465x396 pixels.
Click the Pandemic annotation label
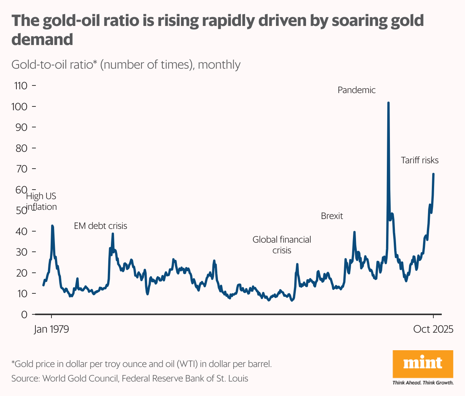356,90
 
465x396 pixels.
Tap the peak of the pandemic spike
388,103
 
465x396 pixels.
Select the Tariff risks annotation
420,160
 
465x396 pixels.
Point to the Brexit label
332,216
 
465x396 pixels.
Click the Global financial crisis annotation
282,245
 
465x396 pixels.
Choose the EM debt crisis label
100,226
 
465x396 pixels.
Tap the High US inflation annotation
41,201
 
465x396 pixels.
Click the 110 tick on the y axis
21,86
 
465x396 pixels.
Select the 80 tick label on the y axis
21,148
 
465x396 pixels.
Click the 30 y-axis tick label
21,252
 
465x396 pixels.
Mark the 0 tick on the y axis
24,314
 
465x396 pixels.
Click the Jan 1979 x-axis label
51,329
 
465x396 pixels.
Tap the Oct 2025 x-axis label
433,329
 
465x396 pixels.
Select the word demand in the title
42,39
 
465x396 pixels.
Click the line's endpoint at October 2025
433,174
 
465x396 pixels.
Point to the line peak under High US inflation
52,226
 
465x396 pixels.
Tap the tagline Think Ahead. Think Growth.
423,383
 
